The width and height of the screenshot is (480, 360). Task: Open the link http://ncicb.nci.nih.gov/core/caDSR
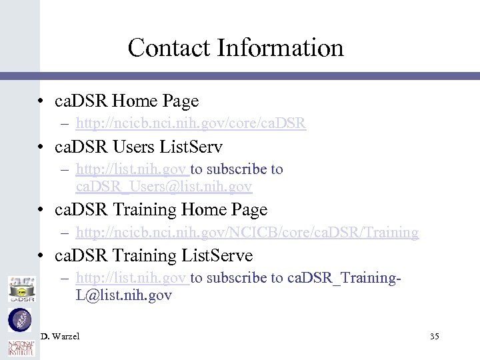point(191,123)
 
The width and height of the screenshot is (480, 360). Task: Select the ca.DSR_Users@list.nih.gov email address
point(164,187)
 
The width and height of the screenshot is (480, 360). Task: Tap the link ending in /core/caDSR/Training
point(247,232)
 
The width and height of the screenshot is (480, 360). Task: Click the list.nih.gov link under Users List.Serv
point(133,169)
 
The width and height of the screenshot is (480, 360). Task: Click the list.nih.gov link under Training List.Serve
point(133,278)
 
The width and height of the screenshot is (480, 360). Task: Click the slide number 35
point(435,337)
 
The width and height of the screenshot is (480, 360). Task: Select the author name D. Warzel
point(60,337)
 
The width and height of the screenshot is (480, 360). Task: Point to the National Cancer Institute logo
point(19,348)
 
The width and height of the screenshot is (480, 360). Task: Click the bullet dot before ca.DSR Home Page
point(42,101)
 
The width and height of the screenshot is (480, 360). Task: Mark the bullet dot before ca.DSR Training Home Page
point(42,210)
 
